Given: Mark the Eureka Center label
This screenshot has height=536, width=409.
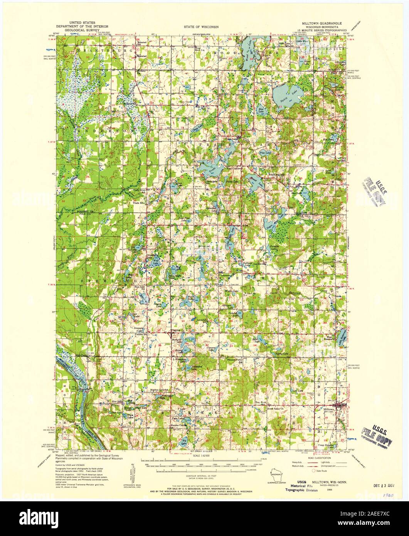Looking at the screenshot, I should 178,426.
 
